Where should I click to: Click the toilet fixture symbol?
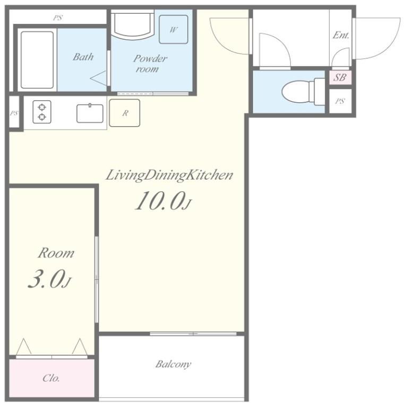(303, 91)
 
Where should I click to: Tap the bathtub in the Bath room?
(37, 60)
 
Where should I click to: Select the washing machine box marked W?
(174, 29)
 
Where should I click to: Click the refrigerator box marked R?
(125, 113)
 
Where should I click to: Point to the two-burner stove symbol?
(42, 112)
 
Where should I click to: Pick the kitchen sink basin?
(90, 113)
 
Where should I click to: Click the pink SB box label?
(340, 77)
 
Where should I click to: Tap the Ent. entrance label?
(341, 35)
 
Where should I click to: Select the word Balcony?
(173, 364)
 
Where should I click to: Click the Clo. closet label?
(51, 378)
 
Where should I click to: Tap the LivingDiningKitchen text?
(169, 175)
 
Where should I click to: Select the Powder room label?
(150, 64)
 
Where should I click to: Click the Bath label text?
(83, 57)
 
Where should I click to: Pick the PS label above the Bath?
(58, 18)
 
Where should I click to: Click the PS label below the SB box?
(340, 101)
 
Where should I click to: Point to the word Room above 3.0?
(56, 253)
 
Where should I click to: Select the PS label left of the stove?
(14, 113)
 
